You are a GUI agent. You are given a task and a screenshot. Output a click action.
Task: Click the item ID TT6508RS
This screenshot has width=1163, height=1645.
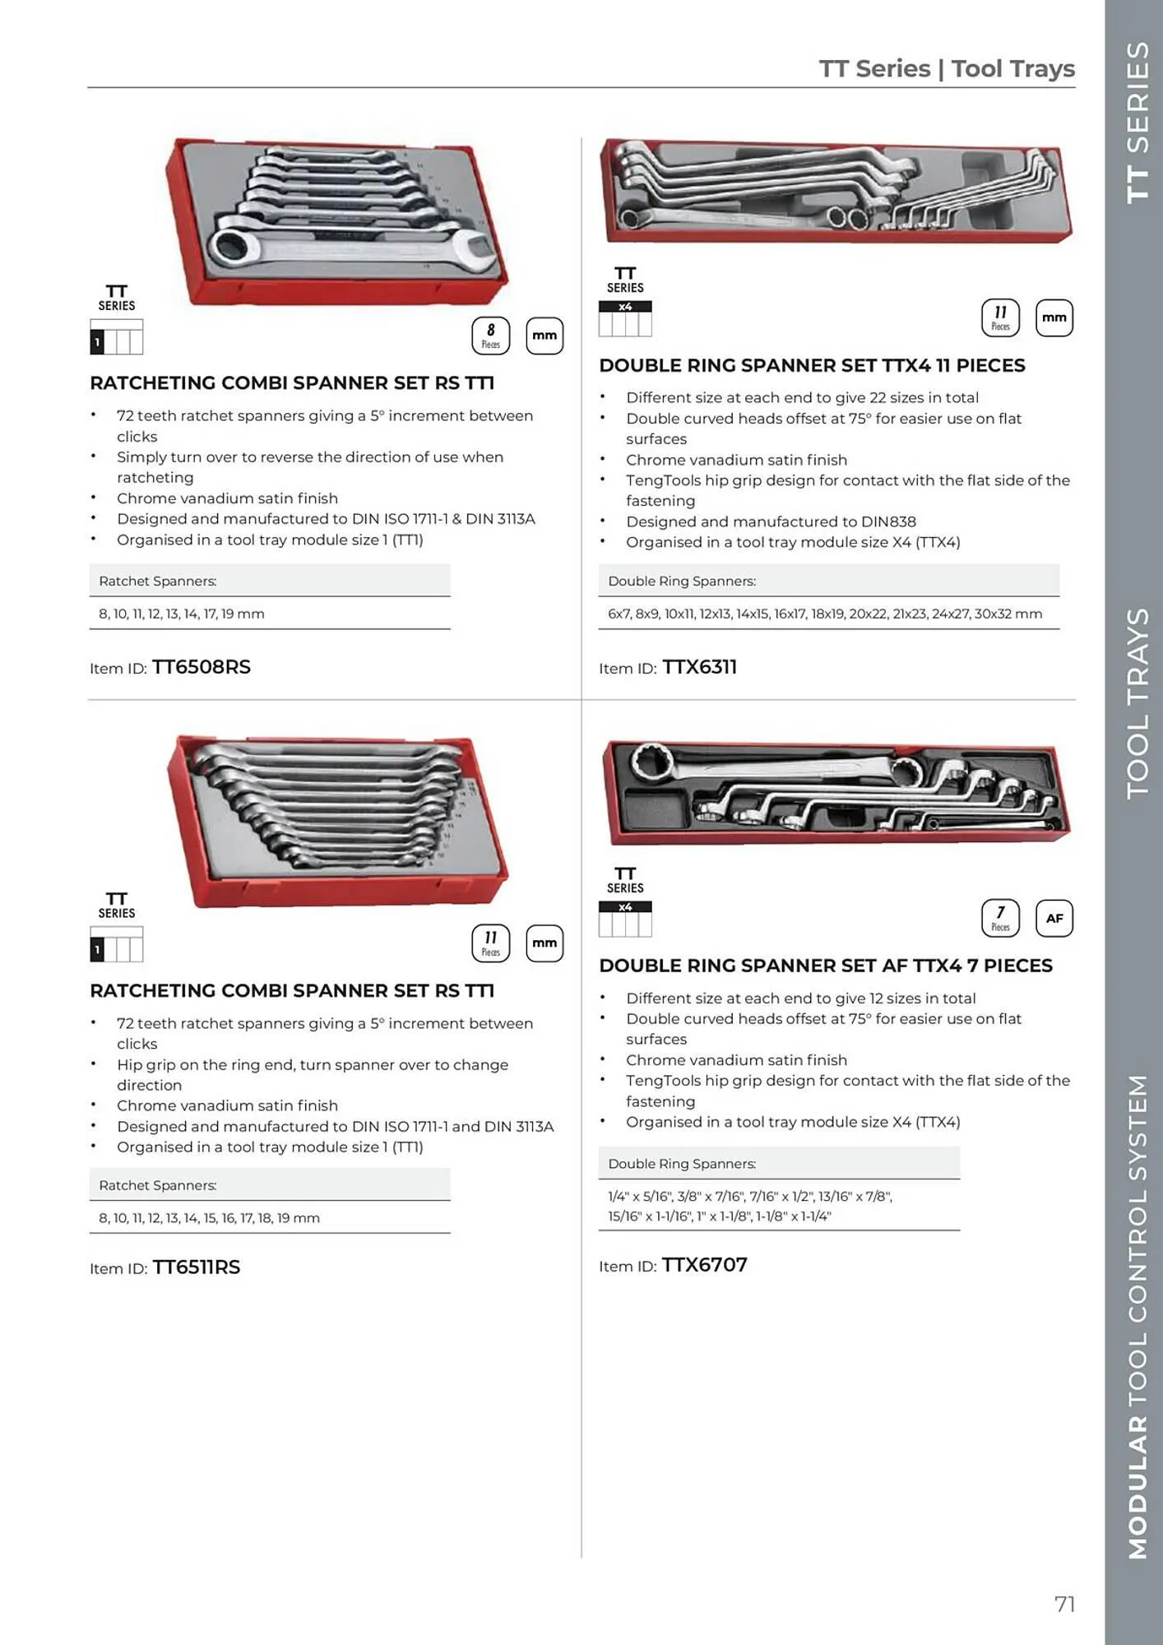[201, 667]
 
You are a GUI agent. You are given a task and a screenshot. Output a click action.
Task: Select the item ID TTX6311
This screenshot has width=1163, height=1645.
[699, 667]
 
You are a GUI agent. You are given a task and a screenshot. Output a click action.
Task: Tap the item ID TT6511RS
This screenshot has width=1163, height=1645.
[196, 1267]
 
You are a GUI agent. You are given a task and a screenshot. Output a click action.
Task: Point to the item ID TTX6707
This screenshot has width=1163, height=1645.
[704, 1265]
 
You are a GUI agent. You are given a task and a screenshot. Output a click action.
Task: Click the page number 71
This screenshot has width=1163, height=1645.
[1064, 1604]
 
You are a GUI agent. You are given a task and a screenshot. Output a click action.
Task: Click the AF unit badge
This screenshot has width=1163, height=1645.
[1054, 919]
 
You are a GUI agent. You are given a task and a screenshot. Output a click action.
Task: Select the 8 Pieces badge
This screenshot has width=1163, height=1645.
[490, 336]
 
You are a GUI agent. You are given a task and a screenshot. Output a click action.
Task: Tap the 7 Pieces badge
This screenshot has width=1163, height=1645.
[1000, 919]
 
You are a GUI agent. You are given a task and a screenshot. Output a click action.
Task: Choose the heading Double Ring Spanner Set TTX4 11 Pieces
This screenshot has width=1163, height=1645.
[812, 365]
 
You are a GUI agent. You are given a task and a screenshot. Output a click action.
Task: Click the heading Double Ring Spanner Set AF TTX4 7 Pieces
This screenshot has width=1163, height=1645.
[825, 966]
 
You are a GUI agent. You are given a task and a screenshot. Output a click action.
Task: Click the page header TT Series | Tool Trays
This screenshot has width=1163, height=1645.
[947, 69]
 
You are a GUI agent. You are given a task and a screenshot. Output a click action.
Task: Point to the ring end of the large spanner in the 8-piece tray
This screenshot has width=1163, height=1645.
[229, 246]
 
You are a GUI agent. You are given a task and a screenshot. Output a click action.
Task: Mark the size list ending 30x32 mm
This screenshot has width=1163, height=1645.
[824, 614]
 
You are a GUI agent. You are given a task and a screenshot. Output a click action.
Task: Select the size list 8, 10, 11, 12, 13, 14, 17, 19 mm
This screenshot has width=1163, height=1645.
[181, 614]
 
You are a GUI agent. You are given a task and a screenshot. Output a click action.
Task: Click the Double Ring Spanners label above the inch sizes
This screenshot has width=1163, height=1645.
[681, 1164]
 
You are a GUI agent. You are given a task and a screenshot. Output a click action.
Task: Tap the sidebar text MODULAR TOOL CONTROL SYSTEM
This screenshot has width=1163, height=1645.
[1137, 1316]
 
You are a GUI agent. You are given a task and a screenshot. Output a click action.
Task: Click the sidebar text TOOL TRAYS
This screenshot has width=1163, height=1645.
[1137, 703]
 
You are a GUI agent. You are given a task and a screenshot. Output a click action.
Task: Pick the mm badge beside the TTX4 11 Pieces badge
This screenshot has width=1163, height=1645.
[1054, 318]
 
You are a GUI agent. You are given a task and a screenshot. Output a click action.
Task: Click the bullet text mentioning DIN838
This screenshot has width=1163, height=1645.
[770, 521]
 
